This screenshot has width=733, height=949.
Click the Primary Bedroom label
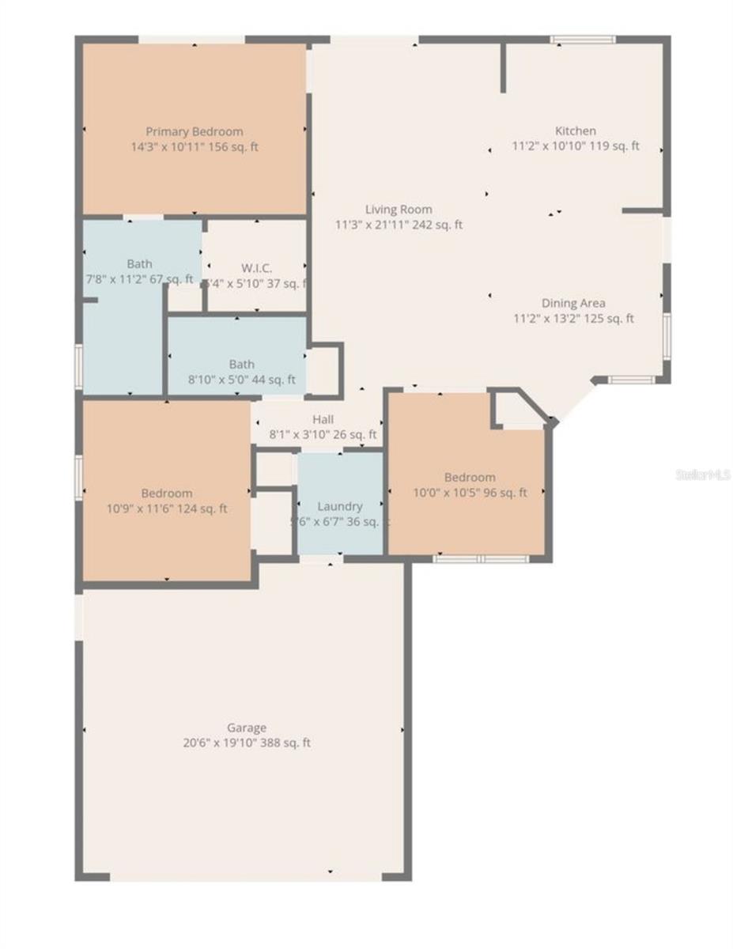[x=194, y=131]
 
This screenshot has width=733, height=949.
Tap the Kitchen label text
[x=575, y=130]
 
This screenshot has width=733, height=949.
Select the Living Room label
[x=399, y=210]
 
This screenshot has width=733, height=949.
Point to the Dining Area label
[x=573, y=303]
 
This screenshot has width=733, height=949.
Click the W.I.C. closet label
[x=257, y=268]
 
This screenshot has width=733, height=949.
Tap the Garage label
[x=247, y=728]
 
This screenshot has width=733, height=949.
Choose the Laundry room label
[x=340, y=506]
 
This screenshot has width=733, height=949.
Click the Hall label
[x=323, y=419]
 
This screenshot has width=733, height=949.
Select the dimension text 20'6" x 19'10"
[x=215, y=743]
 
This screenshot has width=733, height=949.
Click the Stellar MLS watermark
[x=702, y=475]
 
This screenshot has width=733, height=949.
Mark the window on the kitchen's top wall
[x=583, y=39]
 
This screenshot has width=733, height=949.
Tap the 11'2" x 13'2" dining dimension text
[x=546, y=319]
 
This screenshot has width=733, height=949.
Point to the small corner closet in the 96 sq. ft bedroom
[x=516, y=410]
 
